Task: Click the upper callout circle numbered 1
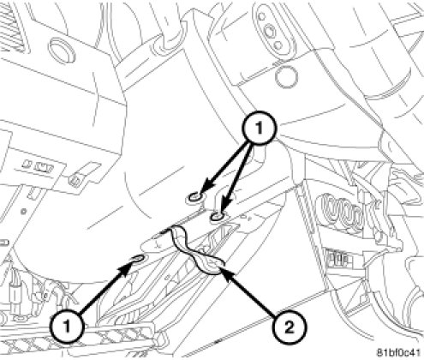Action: pos(260,128)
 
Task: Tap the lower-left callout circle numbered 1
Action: pos(68,326)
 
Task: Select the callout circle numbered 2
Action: pos(290,327)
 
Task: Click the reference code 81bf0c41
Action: pos(399,352)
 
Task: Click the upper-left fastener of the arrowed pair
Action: pos(194,197)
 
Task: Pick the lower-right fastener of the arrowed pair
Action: pos(217,217)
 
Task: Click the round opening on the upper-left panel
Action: pos(62,49)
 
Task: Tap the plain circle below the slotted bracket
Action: pos(286,77)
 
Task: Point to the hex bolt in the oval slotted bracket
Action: pos(270,29)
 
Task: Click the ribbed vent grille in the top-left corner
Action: pos(13,26)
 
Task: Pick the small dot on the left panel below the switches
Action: pos(24,212)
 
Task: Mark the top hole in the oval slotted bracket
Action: pos(261,16)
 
